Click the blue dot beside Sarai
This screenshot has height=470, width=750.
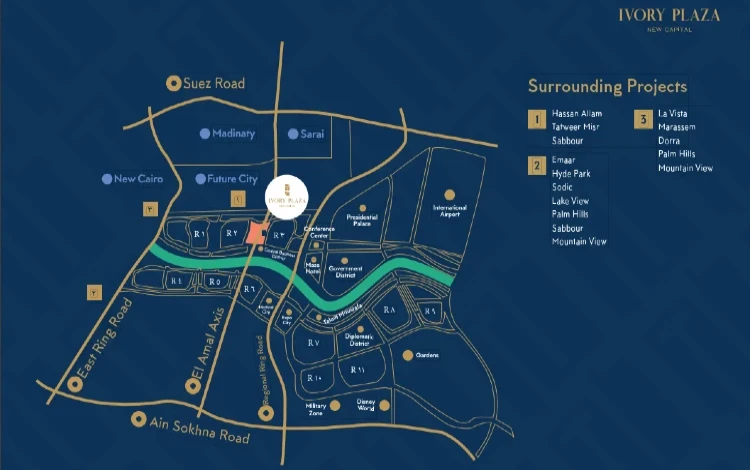pyautogui.click(x=292, y=133)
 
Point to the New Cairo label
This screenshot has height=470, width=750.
pyautogui.click(x=131, y=179)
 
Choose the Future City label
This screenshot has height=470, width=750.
pyautogui.click(x=233, y=179)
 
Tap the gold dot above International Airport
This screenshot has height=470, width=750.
pyautogui.click(x=450, y=193)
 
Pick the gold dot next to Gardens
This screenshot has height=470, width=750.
pyautogui.click(x=407, y=355)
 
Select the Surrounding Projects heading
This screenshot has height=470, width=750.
pyautogui.click(x=607, y=86)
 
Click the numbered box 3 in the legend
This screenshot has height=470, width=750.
pyautogui.click(x=643, y=120)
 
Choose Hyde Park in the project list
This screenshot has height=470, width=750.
pyautogui.click(x=570, y=174)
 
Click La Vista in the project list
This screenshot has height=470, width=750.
pyautogui.click(x=674, y=114)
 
